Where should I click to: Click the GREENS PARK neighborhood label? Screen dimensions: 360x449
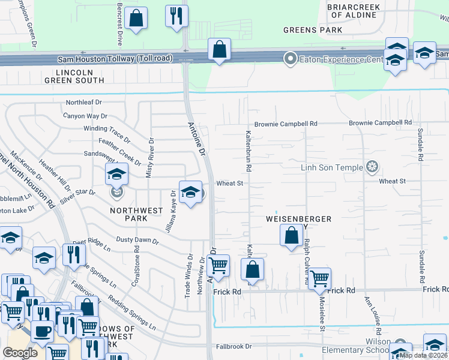tap(313, 29)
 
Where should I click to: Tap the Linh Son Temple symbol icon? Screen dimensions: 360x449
tap(373, 166)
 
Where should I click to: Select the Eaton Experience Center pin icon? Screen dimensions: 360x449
tap(291, 58)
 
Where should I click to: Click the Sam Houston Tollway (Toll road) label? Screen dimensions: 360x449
tap(115, 59)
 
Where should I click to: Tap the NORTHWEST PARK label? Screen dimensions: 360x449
tap(136, 215)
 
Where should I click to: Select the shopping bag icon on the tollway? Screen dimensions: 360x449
tap(219, 49)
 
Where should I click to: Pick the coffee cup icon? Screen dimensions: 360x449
tap(42, 330)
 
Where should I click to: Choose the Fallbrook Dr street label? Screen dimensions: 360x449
tap(234, 347)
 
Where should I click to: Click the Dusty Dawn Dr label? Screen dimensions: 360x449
tap(137, 240)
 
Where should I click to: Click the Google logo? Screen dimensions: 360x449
tap(20, 353)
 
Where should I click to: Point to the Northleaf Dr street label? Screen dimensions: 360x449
tap(84, 103)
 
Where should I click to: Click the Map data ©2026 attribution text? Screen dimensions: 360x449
tap(424, 355)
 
